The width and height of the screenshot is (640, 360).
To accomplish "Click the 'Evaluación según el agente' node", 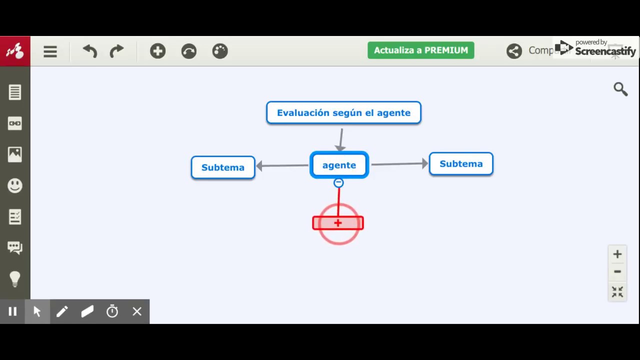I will click(x=343, y=112).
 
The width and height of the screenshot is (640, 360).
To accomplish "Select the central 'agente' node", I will click(x=339, y=165).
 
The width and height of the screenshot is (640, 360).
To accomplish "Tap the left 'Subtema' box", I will click(x=223, y=167).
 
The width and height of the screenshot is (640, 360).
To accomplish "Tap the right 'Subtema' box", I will click(x=461, y=164).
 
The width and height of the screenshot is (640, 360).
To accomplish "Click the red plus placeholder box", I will click(x=338, y=223).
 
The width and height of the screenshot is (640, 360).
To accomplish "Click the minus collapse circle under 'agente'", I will click(x=338, y=183).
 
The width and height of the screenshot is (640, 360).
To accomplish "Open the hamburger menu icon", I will click(x=50, y=51).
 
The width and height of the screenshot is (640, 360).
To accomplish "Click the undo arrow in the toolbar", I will click(x=90, y=51).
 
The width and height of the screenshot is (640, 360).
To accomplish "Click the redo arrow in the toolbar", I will click(x=116, y=51).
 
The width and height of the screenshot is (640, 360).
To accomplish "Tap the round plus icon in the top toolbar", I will click(x=157, y=51).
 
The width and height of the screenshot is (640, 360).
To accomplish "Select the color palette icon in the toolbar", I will click(x=220, y=51).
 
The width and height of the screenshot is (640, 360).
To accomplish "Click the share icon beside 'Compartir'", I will click(x=514, y=51).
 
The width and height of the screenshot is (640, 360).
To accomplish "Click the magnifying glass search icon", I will click(x=620, y=89).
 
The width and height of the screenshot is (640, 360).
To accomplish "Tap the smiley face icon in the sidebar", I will click(x=15, y=185).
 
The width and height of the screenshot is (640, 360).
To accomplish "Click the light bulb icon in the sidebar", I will click(x=15, y=278).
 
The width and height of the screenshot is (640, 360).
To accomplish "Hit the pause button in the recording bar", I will click(x=12, y=311).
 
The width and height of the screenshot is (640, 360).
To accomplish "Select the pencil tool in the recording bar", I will click(x=62, y=311).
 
